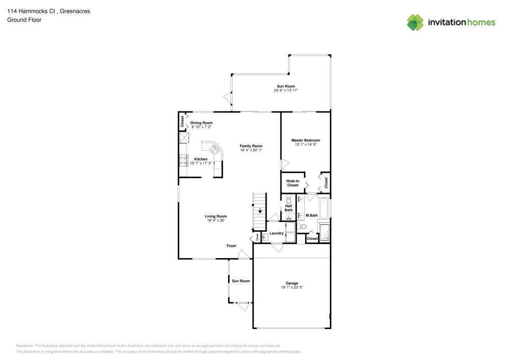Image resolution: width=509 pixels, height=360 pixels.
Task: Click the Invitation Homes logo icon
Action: coord(415,22)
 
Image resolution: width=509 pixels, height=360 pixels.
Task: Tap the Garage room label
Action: coord(292,283)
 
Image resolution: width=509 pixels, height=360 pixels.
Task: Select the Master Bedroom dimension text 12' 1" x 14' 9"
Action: coord(305,145)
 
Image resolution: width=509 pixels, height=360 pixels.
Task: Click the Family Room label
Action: coord(251,146)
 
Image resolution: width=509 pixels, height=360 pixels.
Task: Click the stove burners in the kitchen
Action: coord(183,160)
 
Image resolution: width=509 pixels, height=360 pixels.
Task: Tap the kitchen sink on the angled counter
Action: coord(215,149)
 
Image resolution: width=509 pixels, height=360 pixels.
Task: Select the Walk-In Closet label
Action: coord(292,183)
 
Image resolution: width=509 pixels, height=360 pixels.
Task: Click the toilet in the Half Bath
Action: coord(289,200)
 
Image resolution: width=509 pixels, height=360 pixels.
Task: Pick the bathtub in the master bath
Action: coord(325,209)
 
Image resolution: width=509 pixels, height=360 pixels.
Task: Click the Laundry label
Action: coord(276,233)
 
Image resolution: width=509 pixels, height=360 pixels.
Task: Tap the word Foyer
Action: coord(232,246)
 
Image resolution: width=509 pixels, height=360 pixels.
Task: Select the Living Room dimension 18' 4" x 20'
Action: coord(215,220)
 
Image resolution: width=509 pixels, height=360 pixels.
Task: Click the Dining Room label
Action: coord(201,123)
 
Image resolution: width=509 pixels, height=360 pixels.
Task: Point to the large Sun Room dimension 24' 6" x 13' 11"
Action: coord(286,90)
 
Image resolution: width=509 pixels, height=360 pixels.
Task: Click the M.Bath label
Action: coord(311,215)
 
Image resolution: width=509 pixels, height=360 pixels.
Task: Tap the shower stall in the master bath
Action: coord(325,232)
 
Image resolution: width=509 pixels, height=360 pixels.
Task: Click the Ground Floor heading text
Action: coord(24,20)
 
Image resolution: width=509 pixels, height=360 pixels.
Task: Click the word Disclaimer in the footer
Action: coord(25,345)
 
